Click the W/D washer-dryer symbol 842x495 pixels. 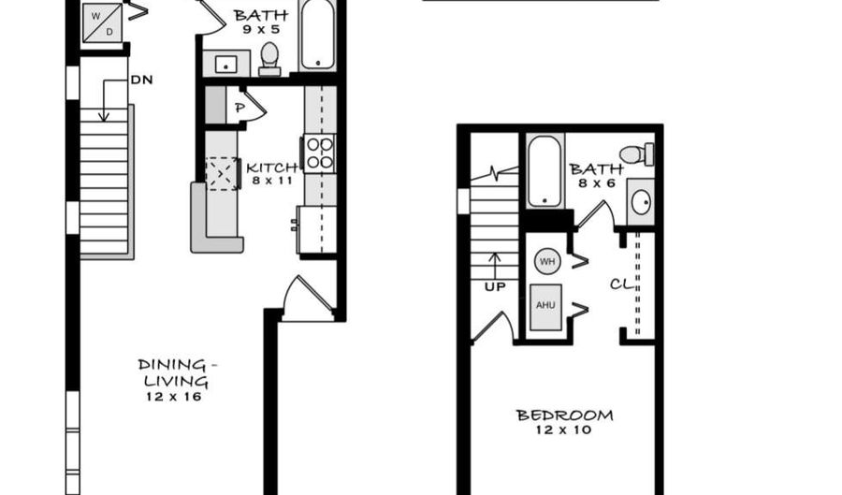pyautogui.click(x=102, y=22)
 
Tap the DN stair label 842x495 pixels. pyautogui.click(x=141, y=80)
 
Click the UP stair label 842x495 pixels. pyautogui.click(x=494, y=286)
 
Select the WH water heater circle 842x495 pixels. pyautogui.click(x=547, y=261)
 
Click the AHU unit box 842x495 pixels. pyautogui.click(x=546, y=306)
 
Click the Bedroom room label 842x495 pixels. pyautogui.click(x=565, y=415)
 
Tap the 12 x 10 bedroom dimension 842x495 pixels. pyautogui.click(x=565, y=429)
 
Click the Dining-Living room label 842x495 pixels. pyautogui.click(x=173, y=372)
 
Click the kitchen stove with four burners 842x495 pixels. pyautogui.click(x=319, y=153)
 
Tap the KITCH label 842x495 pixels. pyautogui.click(x=271, y=167)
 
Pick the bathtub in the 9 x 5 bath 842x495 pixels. pyautogui.click(x=318, y=35)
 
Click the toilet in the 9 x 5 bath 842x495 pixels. pyautogui.click(x=270, y=58)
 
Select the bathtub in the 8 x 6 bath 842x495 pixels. pyautogui.click(x=544, y=171)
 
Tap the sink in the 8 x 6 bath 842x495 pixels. pyautogui.click(x=640, y=201)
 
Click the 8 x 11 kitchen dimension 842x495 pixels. pyautogui.click(x=272, y=181)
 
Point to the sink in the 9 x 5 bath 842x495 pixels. pyautogui.click(x=225, y=65)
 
